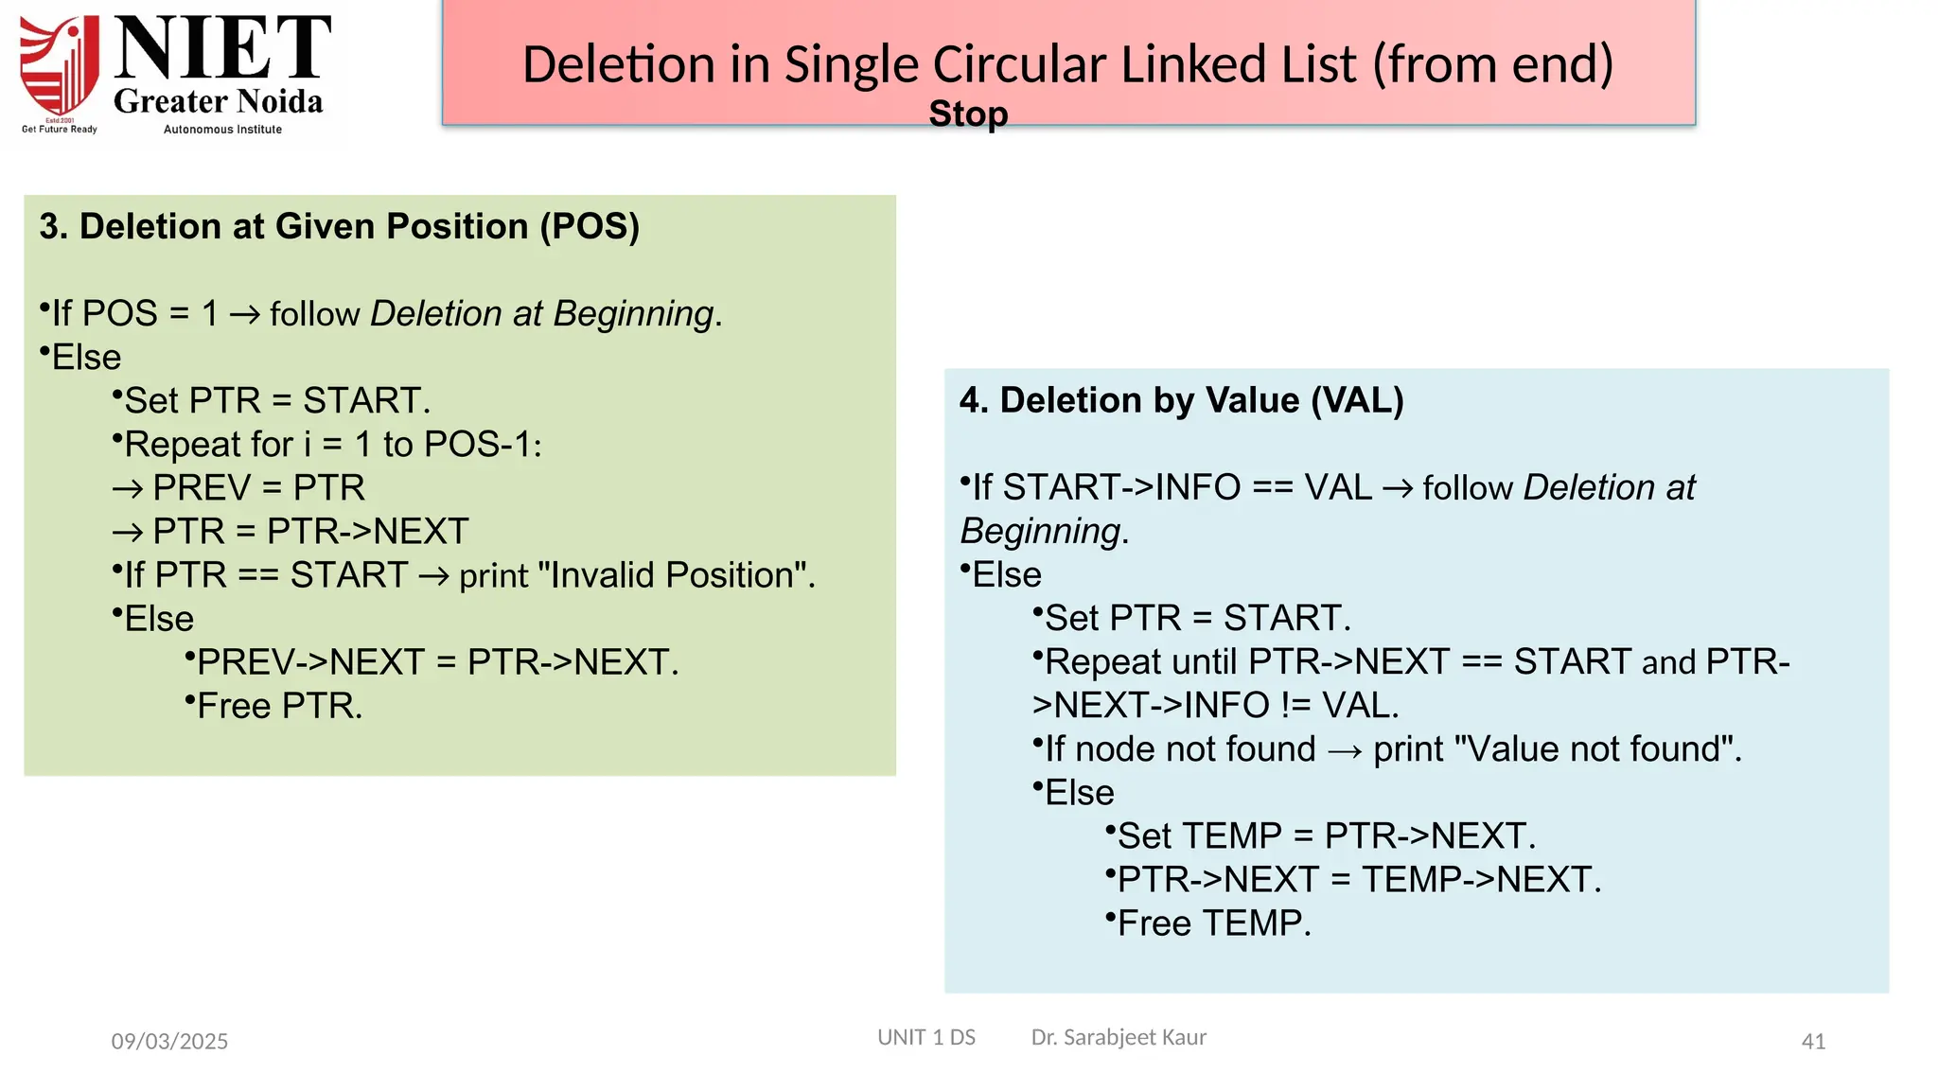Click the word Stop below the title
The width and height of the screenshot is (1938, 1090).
968,114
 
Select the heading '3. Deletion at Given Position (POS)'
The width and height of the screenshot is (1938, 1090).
339,227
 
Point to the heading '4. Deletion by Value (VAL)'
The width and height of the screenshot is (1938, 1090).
1181,400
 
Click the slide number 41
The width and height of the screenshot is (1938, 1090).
1812,1042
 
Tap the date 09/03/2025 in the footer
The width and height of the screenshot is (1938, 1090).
169,1042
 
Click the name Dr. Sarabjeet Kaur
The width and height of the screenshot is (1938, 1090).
1119,1037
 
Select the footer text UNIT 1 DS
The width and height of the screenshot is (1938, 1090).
925,1037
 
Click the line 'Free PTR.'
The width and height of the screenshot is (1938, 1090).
279,706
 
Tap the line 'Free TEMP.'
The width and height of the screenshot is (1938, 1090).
1214,923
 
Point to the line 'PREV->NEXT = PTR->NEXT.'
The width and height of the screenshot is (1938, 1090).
437,662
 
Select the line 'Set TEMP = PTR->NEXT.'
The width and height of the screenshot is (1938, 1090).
1326,836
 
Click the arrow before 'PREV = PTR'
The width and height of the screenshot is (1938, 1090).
128,489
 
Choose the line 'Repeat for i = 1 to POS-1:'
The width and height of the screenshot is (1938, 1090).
332,445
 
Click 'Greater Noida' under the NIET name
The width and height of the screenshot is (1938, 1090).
218,101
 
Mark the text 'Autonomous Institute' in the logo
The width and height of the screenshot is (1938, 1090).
222,130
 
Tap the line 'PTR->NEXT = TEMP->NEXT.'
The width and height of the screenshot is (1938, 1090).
1359,880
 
